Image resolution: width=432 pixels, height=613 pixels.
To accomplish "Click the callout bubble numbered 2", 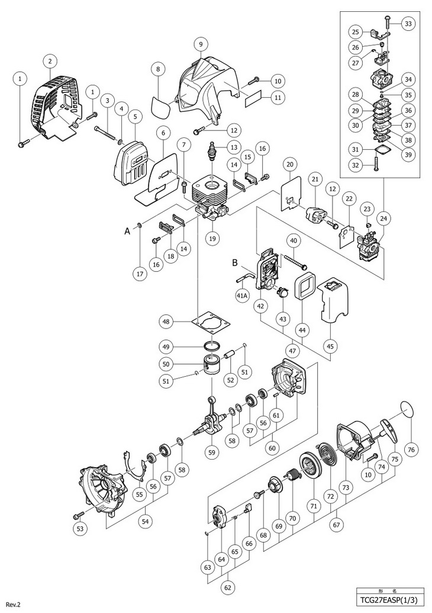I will coord(51,61).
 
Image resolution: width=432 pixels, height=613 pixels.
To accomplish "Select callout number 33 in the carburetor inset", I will coord(408,24).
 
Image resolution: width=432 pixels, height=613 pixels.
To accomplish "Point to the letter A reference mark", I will coord(127,233).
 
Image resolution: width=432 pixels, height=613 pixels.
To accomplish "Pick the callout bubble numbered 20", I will coord(289,164).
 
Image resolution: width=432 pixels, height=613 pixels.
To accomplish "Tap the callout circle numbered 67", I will coord(337,525).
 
